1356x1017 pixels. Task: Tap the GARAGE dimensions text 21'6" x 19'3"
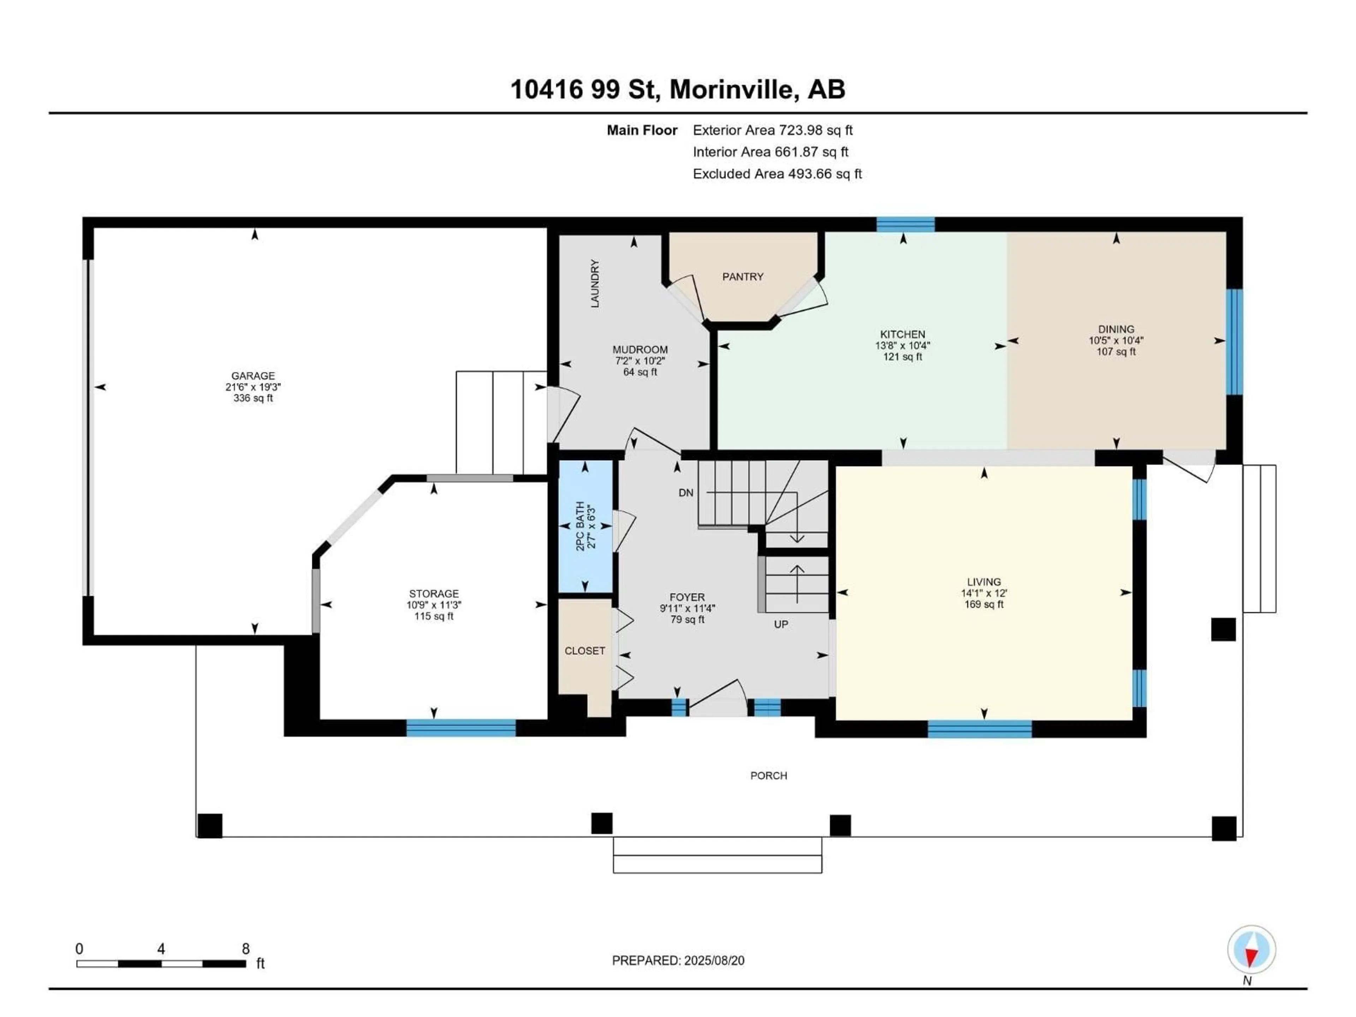pos(252,387)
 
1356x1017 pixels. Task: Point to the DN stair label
pos(686,493)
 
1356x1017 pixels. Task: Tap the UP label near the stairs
pos(780,624)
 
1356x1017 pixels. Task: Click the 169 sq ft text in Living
pos(983,605)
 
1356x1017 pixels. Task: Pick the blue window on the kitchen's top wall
pos(905,224)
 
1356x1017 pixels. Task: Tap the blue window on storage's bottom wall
pos(460,728)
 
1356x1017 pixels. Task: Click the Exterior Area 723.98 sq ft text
pos(772,130)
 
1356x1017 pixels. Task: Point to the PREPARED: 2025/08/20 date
pos(678,961)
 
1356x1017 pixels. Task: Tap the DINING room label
pos(1116,329)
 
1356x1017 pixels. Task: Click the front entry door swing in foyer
pos(717,699)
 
